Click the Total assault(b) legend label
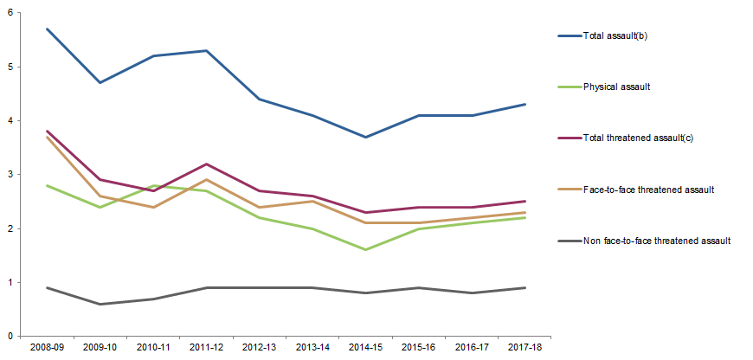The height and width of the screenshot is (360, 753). [617, 36]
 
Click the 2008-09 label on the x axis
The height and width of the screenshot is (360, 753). [47, 348]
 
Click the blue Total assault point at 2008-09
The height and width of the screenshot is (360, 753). [47, 29]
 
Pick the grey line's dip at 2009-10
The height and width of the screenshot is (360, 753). [101, 304]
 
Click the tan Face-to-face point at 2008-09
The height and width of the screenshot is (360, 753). [47, 137]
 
